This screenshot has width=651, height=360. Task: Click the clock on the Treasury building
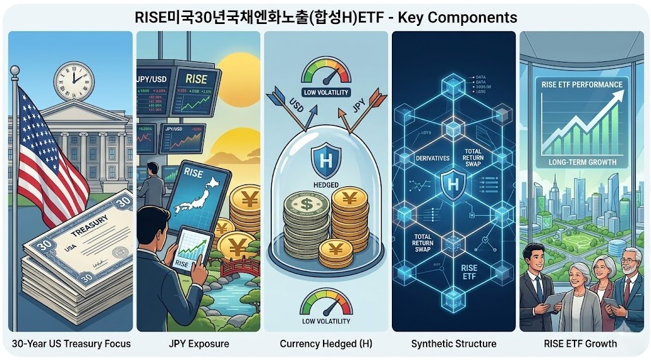[73, 82]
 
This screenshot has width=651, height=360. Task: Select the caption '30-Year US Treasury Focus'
[71, 344]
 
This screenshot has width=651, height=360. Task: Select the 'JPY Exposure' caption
[198, 344]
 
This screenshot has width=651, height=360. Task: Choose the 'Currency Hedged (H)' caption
[325, 344]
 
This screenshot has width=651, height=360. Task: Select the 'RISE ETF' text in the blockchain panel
[469, 272]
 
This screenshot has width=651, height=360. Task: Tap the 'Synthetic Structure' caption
[454, 344]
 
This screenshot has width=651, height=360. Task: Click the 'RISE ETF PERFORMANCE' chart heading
[582, 85]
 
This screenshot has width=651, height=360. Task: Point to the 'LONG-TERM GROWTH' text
[582, 162]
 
